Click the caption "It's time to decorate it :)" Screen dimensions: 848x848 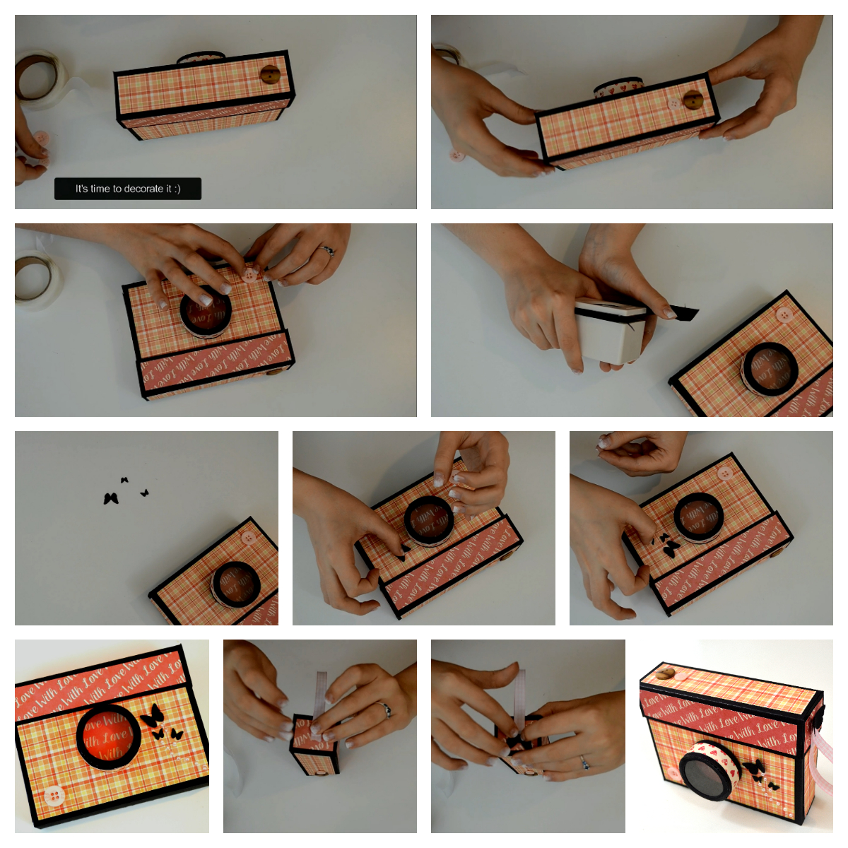128,189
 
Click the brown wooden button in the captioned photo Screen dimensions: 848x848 269,75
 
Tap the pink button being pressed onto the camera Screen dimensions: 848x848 250,275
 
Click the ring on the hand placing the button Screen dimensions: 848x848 327,250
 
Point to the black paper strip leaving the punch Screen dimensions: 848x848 683,312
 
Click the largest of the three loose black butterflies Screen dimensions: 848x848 110,498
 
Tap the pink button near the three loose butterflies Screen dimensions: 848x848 247,538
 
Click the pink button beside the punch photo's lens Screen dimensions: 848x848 783,315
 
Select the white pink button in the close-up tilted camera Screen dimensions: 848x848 54,796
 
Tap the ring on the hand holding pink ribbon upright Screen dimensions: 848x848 584,760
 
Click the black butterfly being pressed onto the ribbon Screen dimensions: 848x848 515,741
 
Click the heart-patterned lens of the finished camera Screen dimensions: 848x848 710,770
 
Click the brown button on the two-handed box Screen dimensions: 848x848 693,100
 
